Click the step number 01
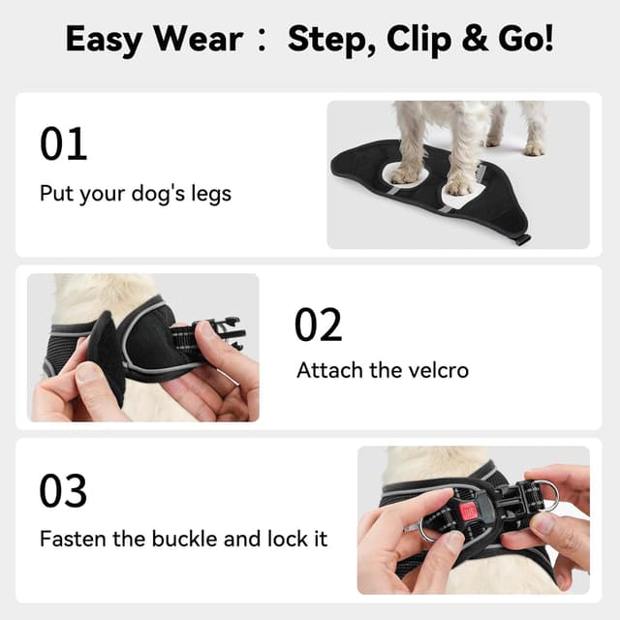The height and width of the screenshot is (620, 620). pos(63,143)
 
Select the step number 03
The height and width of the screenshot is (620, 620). pos(63,491)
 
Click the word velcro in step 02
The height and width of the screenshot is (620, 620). pos(433,370)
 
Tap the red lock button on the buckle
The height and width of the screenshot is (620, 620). pos(469,511)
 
